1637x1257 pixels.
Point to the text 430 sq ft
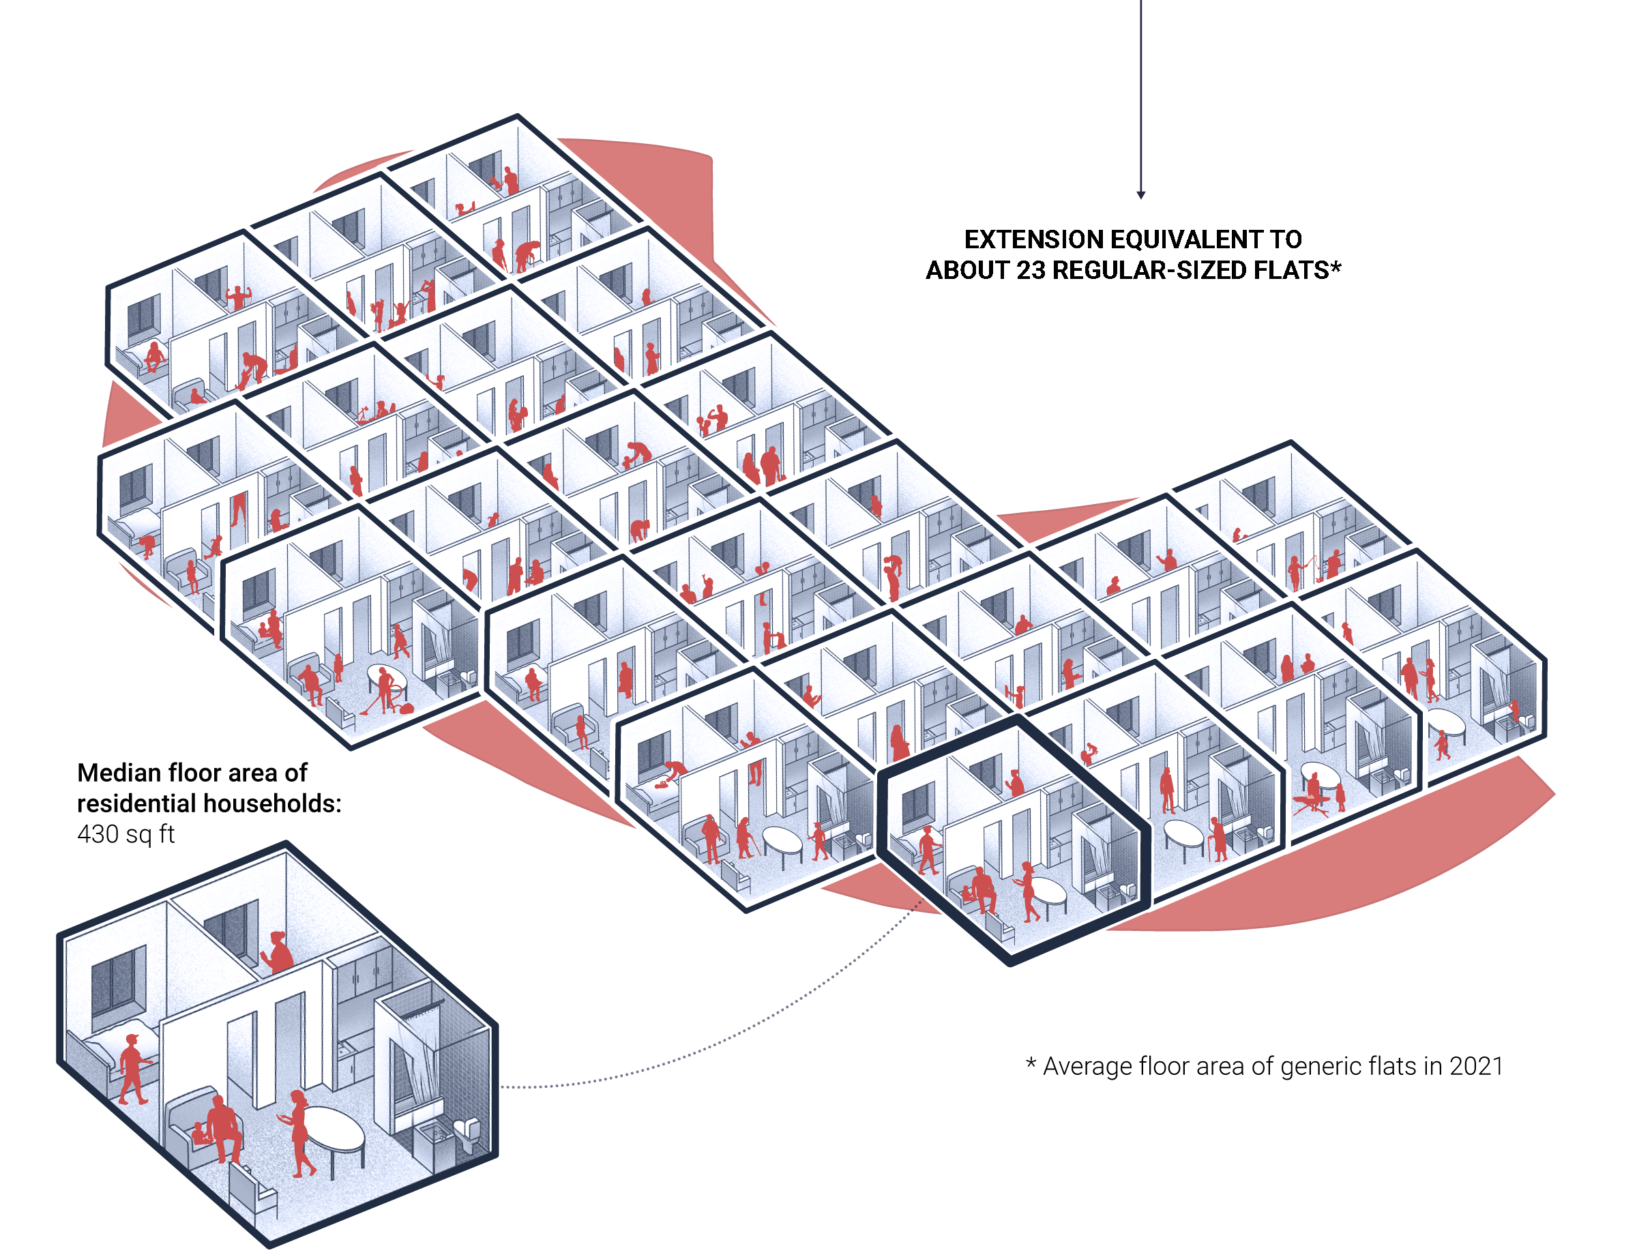[126, 833]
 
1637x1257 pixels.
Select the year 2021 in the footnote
[1475, 1065]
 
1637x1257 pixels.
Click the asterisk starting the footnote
[1031, 1063]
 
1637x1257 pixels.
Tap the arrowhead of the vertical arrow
[1140, 194]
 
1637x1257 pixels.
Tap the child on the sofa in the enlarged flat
[201, 1133]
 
